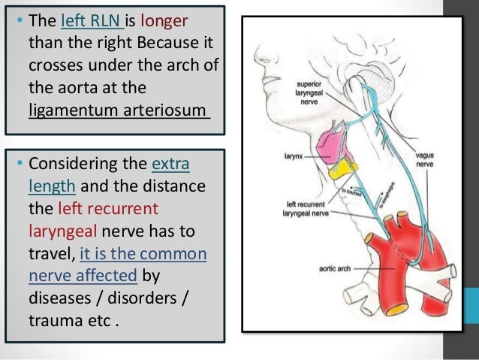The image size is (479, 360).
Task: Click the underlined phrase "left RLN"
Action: (x=86, y=17)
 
